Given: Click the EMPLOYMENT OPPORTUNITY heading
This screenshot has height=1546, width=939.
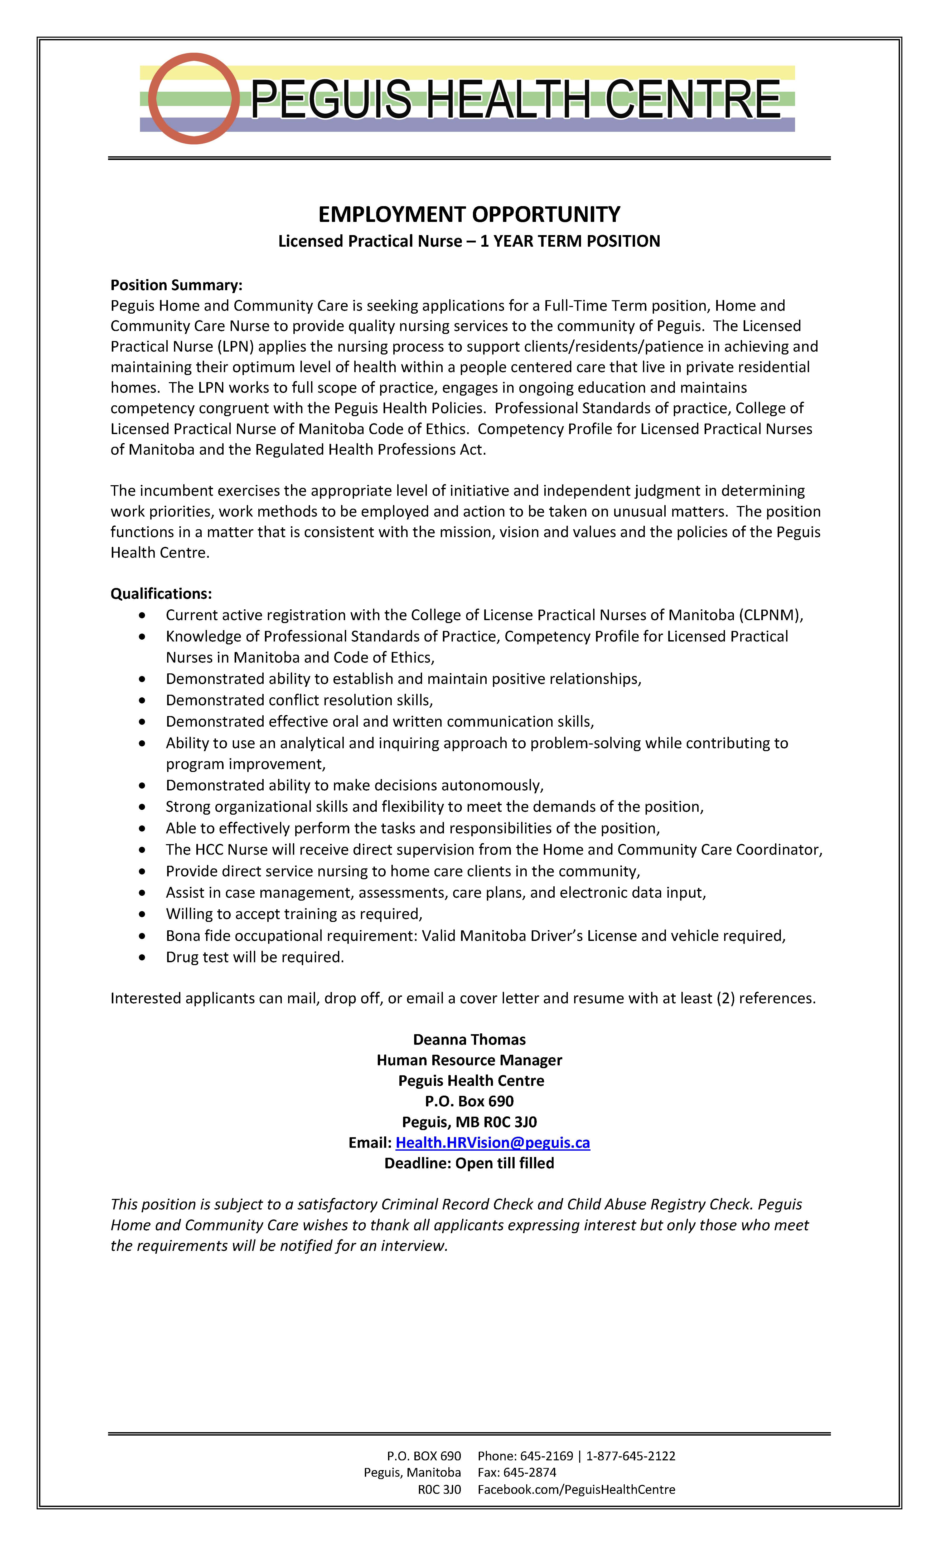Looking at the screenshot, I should coord(469,215).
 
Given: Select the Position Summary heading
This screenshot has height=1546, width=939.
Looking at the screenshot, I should coord(176,285).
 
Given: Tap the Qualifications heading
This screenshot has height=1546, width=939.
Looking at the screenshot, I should coord(161,594).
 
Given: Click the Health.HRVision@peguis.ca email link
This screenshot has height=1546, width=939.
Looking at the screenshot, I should coord(493,1143).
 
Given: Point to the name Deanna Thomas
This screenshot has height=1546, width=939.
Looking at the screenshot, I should coord(469,1040).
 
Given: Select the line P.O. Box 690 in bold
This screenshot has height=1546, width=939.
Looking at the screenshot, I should coord(469,1101).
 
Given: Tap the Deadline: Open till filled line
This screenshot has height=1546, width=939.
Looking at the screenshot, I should coord(469,1163).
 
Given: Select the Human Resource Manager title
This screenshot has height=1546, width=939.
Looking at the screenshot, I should coord(469,1060).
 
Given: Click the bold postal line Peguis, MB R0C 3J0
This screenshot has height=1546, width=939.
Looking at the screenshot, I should coord(469,1122).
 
